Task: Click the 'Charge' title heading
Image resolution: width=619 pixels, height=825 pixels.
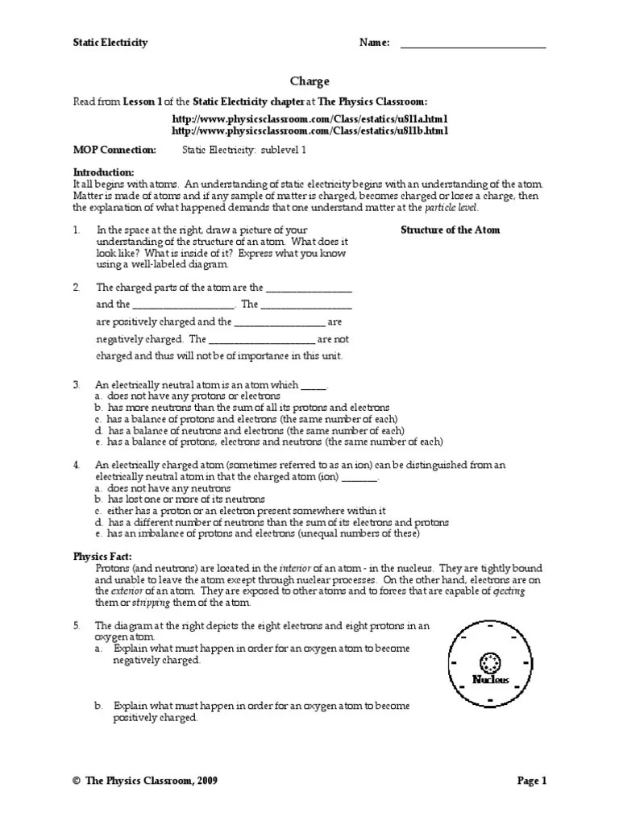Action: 309,81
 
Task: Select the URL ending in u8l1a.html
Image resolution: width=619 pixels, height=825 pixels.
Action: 309,118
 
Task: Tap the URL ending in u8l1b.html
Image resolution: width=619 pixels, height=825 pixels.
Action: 309,131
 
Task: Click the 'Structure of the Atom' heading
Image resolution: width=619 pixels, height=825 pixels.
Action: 450,230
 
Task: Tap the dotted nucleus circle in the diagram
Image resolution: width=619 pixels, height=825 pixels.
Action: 490,662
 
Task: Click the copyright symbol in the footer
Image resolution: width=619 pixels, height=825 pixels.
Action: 77,781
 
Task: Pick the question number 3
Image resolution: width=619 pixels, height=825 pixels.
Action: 77,385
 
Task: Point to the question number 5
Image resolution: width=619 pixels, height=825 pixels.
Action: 77,625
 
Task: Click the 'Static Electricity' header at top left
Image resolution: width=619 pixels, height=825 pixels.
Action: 110,43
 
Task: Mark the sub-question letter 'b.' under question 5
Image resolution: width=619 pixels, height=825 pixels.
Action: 98,706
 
